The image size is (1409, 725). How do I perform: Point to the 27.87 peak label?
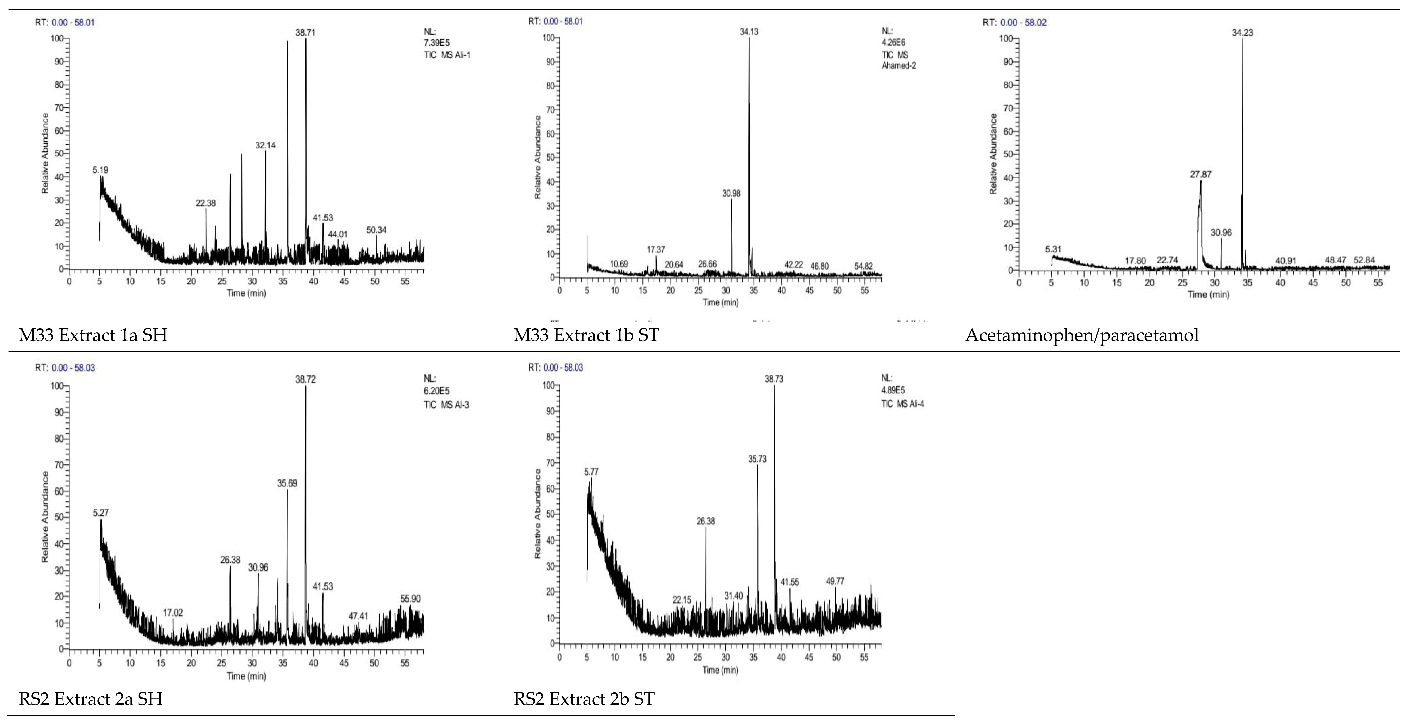(1201, 175)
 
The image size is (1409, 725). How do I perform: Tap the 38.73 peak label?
(774, 379)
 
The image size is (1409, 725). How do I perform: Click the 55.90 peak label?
(410, 599)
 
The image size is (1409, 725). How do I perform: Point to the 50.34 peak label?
(376, 230)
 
